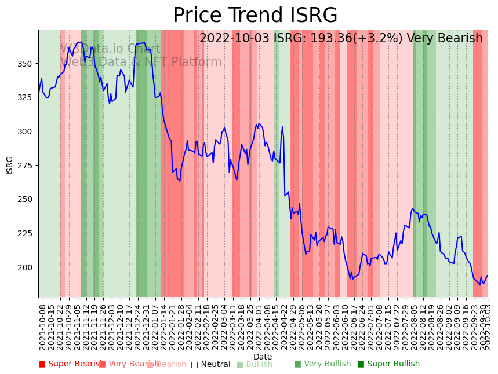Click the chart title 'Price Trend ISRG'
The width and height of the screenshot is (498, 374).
pyautogui.click(x=255, y=16)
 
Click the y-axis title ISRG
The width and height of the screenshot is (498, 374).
pyautogui.click(x=9, y=164)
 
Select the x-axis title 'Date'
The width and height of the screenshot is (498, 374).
pyautogui.click(x=263, y=357)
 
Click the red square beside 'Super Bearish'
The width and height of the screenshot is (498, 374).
pyautogui.click(x=42, y=364)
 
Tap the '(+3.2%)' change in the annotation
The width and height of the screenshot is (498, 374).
pyautogui.click(x=380, y=39)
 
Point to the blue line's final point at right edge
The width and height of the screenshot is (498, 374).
pyautogui.click(x=487, y=276)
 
